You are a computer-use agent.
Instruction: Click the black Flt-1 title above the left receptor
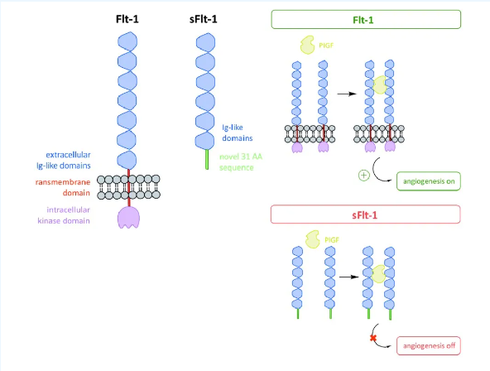pos(127,19)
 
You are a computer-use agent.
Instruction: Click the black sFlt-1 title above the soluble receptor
pos(203,19)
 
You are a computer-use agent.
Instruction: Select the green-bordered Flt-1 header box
pos(366,19)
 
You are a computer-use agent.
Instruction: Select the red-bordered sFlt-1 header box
pos(365,214)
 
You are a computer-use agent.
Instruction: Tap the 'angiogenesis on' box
pos(429,181)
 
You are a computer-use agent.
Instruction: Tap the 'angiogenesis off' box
pos(429,345)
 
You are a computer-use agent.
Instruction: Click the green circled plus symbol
pos(363,176)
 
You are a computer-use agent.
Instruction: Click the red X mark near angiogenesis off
pos(372,338)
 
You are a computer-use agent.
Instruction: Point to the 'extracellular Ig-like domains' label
pos(64,160)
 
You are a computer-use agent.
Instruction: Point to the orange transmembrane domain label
pos(63,187)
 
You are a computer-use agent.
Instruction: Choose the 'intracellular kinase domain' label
pos(64,215)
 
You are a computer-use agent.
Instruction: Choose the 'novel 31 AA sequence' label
pos(241,162)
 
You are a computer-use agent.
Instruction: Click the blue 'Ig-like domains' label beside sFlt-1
pos(238,132)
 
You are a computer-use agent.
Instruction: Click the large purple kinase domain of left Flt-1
pos(128,217)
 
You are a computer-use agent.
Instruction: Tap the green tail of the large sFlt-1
pos(207,159)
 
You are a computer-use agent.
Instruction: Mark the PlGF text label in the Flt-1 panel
pos(326,46)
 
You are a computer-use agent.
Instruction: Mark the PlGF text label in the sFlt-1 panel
pos(332,240)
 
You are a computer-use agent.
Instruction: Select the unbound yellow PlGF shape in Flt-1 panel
pos(308,45)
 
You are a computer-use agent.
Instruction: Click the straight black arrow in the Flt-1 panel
pos(347,94)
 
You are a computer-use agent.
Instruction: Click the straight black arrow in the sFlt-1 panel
pos(348,277)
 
